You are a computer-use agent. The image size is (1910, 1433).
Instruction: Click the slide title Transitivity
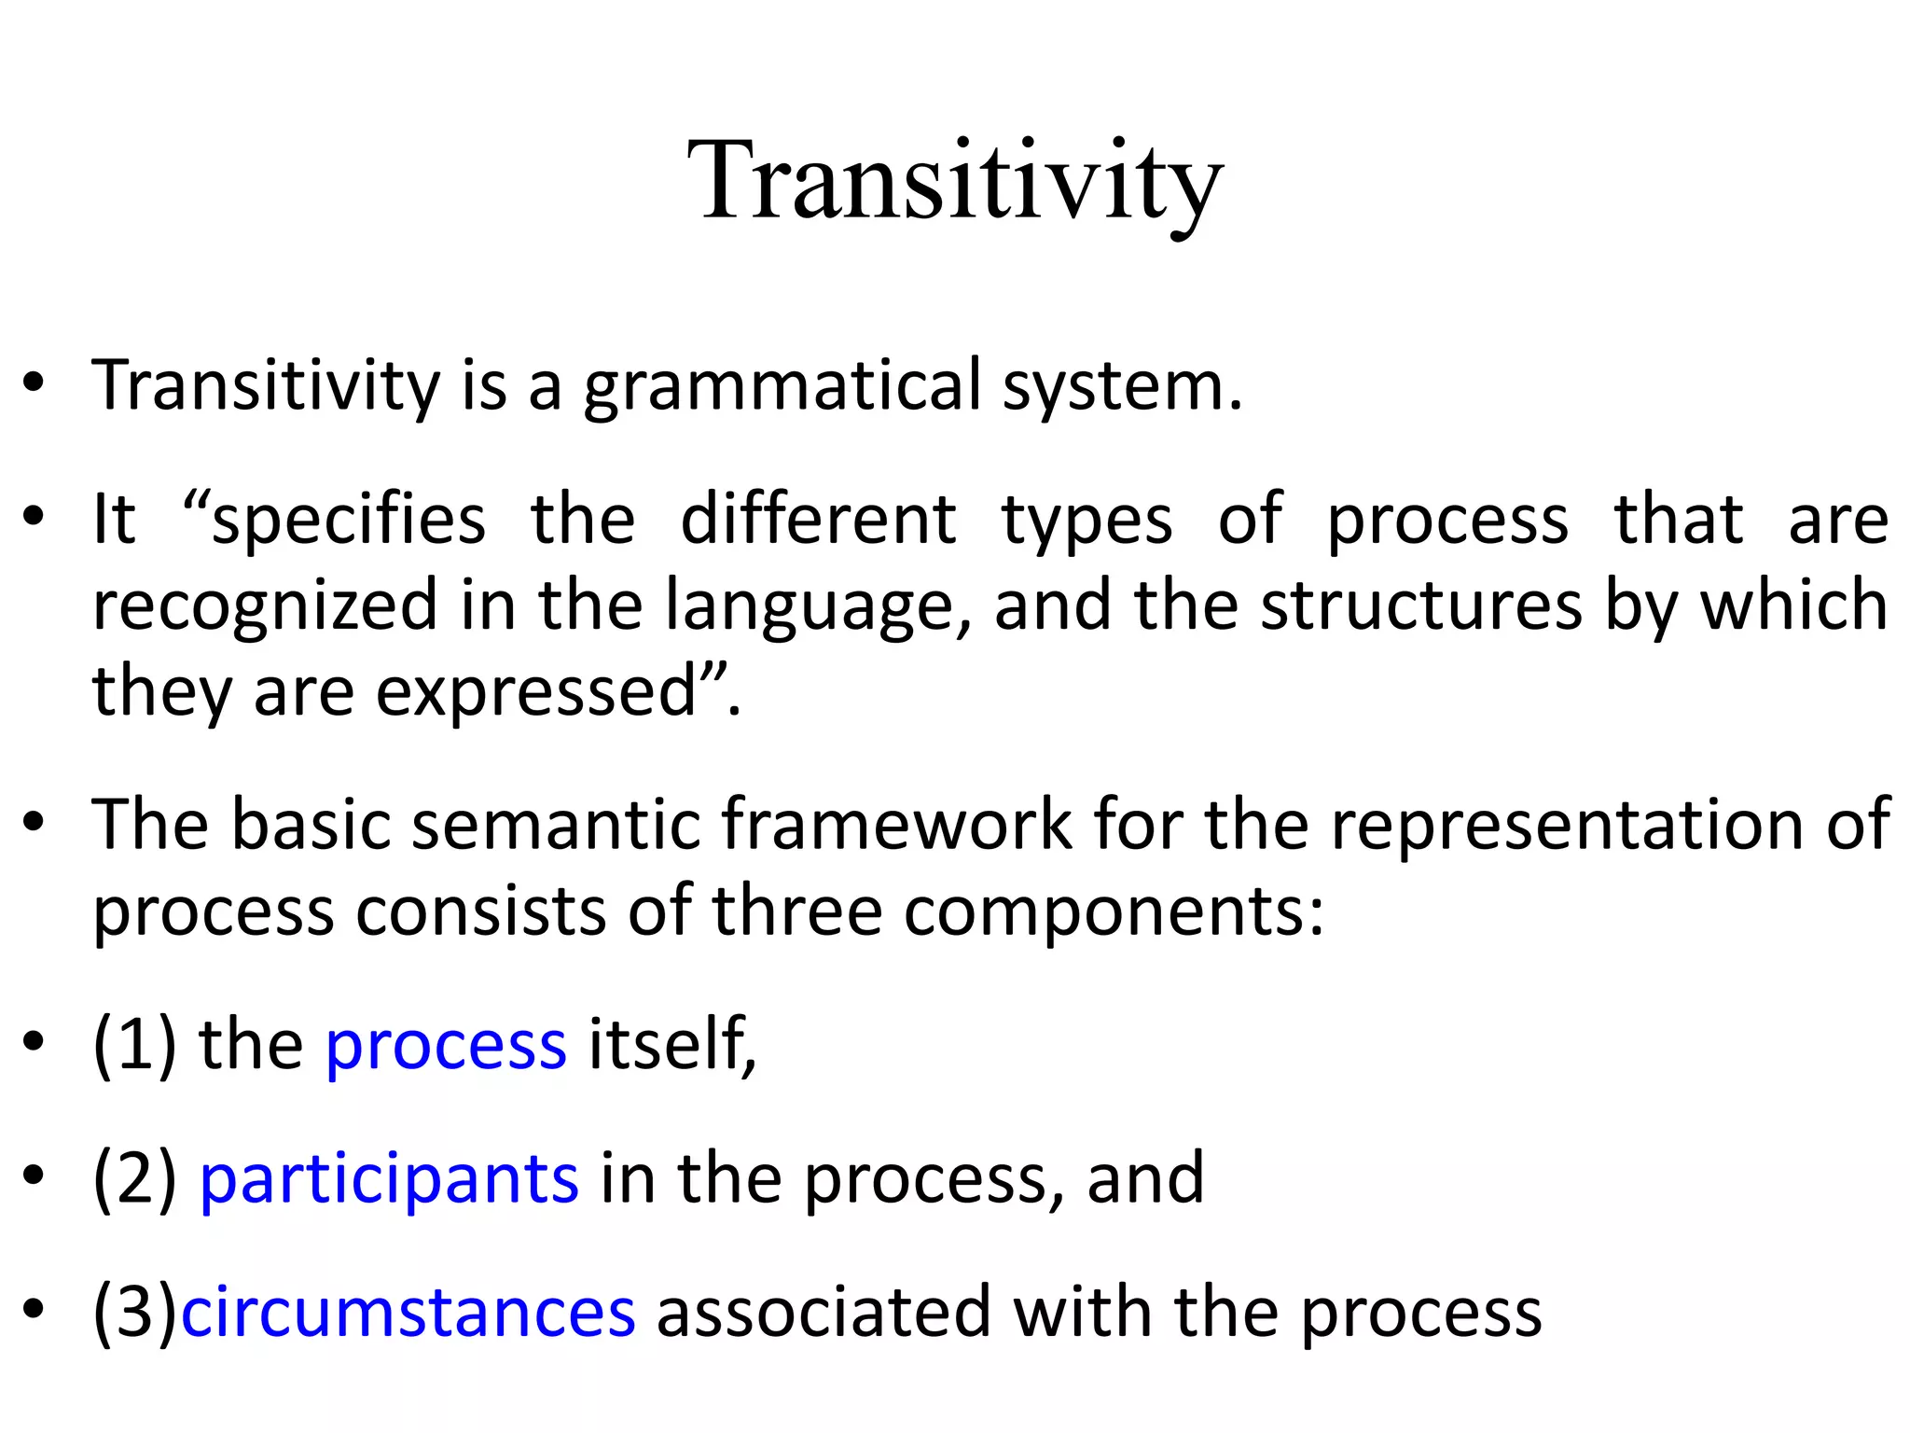point(954,182)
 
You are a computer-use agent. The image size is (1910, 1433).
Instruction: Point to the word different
point(818,519)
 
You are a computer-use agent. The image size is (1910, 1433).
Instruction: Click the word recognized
point(265,605)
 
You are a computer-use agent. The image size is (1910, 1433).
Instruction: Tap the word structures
point(1421,605)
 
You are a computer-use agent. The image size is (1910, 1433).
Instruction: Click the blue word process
point(446,1046)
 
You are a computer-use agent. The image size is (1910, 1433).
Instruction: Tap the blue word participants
point(389,1179)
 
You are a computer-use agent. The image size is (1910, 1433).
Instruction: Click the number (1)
point(134,1044)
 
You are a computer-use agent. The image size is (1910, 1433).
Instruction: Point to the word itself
point(670,1044)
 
